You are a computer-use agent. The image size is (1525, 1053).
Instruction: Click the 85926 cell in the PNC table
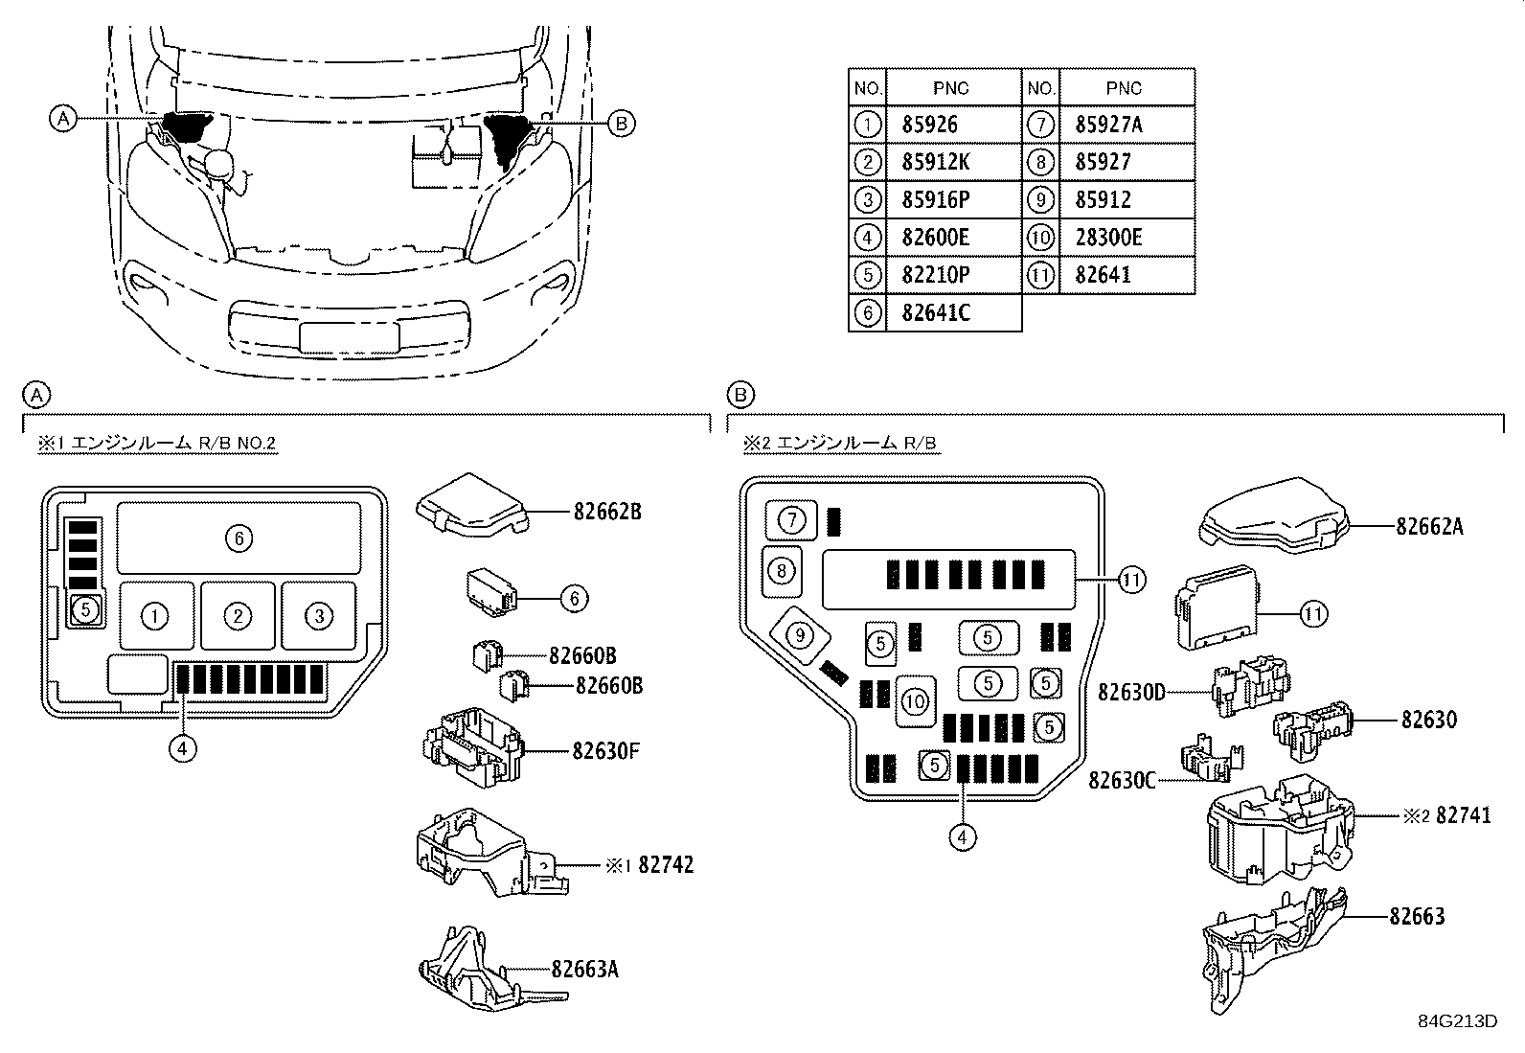[929, 125]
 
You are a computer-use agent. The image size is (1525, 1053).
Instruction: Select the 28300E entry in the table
[1108, 238]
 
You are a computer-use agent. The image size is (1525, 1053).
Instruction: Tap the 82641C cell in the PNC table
[937, 313]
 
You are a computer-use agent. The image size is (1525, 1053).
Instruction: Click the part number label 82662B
[607, 512]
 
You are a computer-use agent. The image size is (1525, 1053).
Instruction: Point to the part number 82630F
[605, 750]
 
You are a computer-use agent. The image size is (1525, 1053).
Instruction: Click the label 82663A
[584, 969]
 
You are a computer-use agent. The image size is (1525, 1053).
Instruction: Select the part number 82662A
[1429, 526]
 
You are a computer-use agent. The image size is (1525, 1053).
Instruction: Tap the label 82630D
[1131, 691]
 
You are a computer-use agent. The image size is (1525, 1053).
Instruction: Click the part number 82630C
[1123, 780]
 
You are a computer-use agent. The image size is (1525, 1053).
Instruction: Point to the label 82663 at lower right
[1417, 917]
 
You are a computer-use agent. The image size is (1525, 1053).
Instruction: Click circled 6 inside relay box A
[239, 538]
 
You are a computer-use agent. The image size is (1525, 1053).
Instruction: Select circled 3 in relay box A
[319, 616]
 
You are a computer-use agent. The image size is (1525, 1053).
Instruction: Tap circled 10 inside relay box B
[915, 701]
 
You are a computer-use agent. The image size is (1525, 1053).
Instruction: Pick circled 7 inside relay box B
[792, 520]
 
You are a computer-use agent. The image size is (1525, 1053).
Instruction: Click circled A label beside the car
[62, 119]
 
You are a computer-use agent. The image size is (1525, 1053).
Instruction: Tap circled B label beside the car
[621, 123]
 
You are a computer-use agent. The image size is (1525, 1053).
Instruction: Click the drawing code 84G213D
[1457, 1020]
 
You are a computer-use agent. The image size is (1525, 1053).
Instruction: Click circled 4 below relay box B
[962, 836]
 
